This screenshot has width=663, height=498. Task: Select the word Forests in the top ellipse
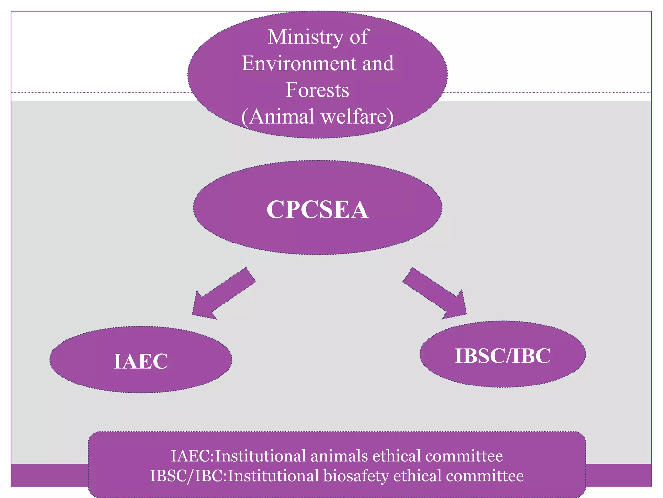317,90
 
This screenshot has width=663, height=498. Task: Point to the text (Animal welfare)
317,117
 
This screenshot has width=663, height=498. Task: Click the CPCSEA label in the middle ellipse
317,209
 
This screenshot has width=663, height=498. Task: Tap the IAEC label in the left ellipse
141,361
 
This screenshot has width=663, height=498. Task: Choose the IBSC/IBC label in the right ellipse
502,356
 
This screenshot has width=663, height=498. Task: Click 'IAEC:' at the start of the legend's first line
192,456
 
